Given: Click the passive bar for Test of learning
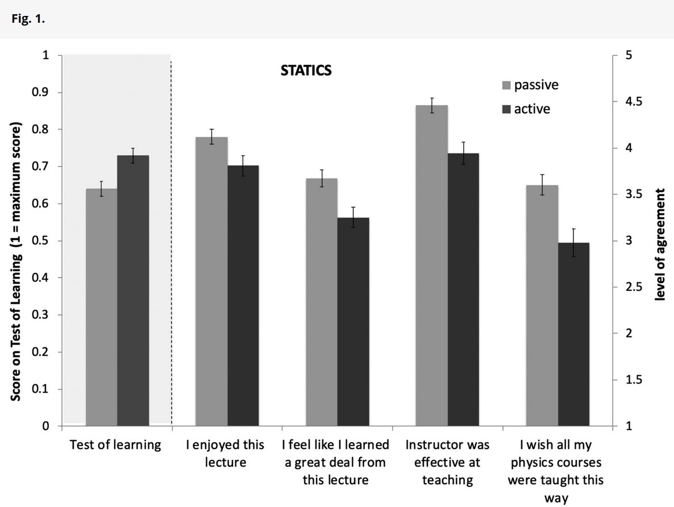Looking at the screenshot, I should [101, 307].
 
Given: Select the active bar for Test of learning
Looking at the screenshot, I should [133, 290].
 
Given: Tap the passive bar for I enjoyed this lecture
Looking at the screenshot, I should [211, 281].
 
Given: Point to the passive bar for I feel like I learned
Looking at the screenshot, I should [322, 302].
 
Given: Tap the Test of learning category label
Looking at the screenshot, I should [115, 444].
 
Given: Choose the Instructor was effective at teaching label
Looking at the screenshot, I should [447, 462].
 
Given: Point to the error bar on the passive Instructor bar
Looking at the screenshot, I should [432, 105].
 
